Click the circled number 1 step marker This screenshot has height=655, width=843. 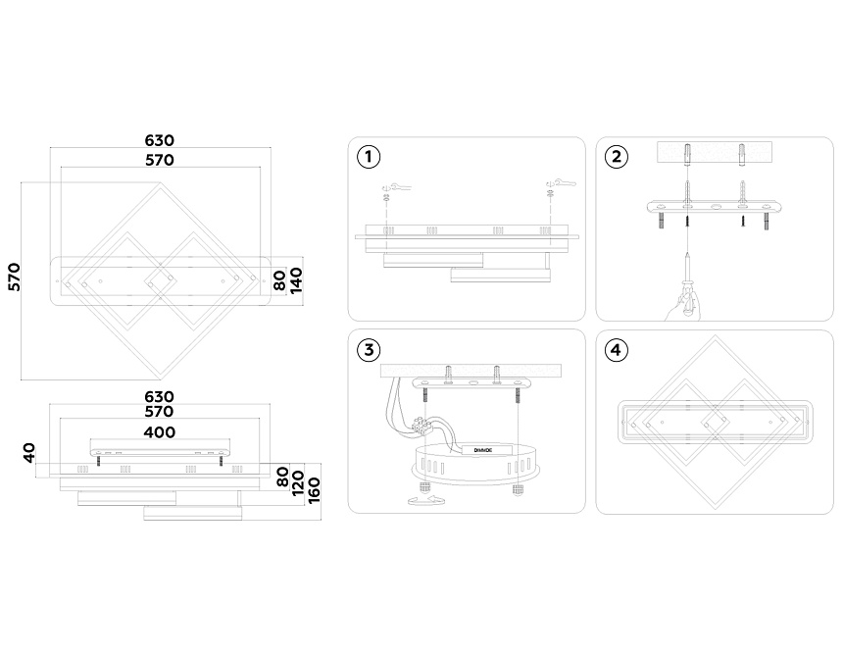point(369,157)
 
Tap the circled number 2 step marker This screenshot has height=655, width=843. point(617,157)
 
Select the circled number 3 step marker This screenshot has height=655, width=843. point(369,350)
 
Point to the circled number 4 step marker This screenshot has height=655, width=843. point(617,350)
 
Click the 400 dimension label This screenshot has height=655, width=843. point(160,431)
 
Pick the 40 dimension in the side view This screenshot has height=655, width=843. point(29,453)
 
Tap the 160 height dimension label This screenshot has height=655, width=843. point(314,487)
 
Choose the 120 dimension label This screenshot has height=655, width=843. point(296,481)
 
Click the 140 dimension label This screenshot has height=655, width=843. point(297,279)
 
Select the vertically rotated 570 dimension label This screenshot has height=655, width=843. point(15,277)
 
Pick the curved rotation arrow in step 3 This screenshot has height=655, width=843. point(422,501)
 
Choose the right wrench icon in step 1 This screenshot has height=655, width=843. point(559,183)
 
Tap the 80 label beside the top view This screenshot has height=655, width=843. point(279,279)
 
